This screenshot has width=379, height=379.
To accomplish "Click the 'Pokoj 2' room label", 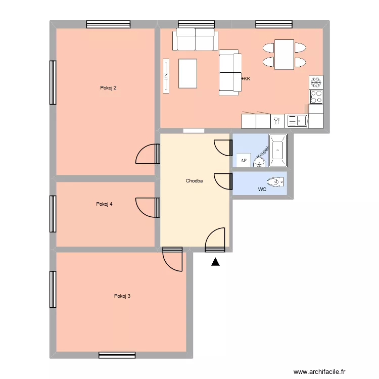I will pos(108,88).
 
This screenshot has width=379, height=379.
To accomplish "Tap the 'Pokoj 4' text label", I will pos(104,204).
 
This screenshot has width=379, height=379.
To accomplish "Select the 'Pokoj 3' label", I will pos(122,296).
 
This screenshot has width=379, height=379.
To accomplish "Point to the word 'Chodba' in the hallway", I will pos(194,180).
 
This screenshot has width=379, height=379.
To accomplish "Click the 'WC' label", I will pos(262,189).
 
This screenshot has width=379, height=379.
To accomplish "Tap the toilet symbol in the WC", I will pos(274,182).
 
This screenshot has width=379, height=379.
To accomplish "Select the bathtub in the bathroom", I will pos(277,151).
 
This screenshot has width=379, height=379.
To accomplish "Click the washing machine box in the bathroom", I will pos(244,160).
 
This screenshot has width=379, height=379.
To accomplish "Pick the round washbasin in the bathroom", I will pos(259,162).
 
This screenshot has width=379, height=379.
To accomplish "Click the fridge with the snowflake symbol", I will pos(316,82).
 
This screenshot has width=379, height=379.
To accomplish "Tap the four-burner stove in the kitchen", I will pos(316,96).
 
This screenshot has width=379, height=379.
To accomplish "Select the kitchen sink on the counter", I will pos(297,121).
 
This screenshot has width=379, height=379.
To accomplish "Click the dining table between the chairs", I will pos(284,55).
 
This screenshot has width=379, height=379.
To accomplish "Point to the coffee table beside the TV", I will pos(188,73).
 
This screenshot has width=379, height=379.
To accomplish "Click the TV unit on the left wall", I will pos(166,76).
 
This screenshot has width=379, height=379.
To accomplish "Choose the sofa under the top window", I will pos(195,39).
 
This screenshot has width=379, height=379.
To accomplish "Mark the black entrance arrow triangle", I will pos(215,262).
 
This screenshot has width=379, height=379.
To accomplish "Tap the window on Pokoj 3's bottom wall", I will pos(117,355).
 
